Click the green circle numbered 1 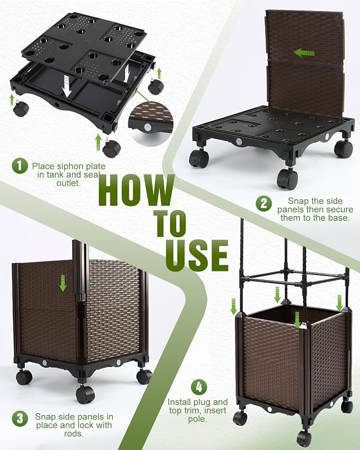pos(20,166)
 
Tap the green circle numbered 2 pos(264,204)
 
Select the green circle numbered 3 pos(20,419)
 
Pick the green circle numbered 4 pos(199,387)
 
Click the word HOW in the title pos(137,190)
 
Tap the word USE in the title pos(197,255)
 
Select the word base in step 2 pos(339,217)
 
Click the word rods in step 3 pos(74,434)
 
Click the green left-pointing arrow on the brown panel pos(304,53)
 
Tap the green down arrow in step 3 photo pos(63,283)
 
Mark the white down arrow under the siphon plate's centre pos(67,85)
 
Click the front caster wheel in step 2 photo pos(287,179)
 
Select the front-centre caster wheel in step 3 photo pos(85,394)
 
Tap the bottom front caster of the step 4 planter pos(304,439)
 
